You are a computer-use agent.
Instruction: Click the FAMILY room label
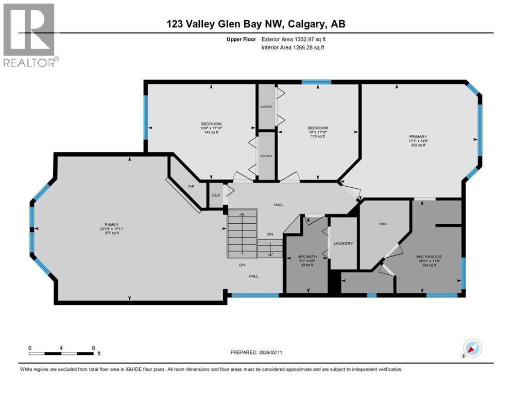tap(112, 224)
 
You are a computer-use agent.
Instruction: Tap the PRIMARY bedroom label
tap(418, 137)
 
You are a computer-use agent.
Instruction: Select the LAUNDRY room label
tap(343, 243)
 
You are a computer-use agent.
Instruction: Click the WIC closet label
tap(383, 224)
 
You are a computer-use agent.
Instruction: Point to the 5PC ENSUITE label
tap(430, 256)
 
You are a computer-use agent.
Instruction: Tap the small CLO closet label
tap(216, 195)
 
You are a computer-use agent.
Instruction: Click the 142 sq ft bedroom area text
tap(211, 132)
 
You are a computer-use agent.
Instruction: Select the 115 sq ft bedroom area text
tap(318, 136)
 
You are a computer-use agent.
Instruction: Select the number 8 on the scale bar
tap(93, 348)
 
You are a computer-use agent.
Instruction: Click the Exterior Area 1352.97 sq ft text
tap(294, 39)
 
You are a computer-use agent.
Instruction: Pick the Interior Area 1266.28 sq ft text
tap(293, 47)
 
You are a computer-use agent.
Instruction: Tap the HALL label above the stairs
tap(278, 205)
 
